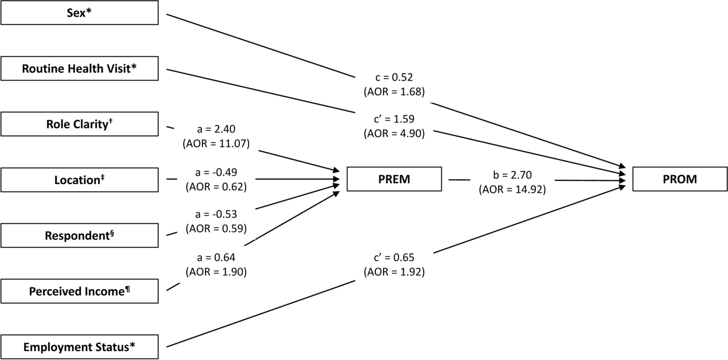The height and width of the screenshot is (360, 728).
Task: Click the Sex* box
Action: coord(79,12)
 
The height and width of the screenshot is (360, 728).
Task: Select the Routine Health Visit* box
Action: coord(79,68)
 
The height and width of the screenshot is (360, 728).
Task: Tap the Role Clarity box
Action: coord(79,124)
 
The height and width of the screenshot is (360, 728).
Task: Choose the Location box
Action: coord(79,179)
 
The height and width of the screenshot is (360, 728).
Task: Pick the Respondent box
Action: coord(79,236)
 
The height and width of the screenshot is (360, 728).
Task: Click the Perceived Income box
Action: coord(79,291)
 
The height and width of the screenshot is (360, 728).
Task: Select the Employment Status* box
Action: coord(79,347)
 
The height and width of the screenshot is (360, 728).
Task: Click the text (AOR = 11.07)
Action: coord(216,144)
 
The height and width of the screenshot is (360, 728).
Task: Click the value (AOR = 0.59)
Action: coord(216,228)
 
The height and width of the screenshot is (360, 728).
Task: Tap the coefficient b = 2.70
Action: coord(512,175)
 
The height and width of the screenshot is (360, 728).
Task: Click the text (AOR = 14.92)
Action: coord(512,189)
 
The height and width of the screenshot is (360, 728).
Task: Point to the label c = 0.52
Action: coord(394,78)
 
